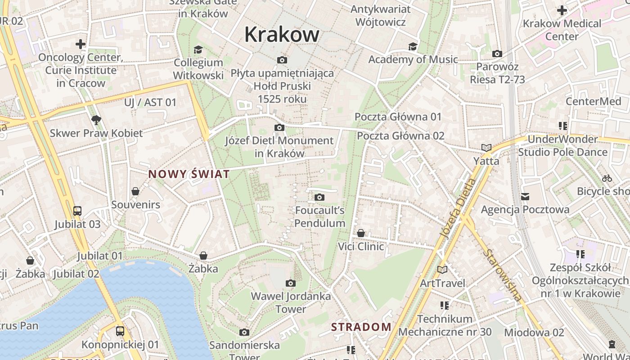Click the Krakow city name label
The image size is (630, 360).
coord(282,35)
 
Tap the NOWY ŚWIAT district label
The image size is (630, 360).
coord(189,174)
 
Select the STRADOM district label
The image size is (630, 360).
coord(361,327)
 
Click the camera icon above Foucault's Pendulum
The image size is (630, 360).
coord(319,197)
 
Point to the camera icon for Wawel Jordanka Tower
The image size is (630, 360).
coord(291,283)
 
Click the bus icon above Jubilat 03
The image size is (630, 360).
coord(77,211)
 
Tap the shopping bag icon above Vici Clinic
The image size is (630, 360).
coord(361,233)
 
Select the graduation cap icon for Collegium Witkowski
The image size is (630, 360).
coord(198,49)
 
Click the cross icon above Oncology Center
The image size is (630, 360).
coord(81,44)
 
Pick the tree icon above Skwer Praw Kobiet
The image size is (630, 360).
coord(96,120)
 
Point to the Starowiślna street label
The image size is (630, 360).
coord(503,274)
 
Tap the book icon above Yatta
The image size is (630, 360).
coord(486,148)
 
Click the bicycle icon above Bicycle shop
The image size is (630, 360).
coord(607,178)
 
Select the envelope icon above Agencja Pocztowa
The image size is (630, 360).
coord(525,197)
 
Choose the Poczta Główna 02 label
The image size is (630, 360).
coord(400,135)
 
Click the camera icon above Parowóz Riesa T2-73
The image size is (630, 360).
coord(497,54)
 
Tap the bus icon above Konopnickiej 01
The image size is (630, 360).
coord(120,331)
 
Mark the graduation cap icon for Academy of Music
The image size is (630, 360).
coord(413,46)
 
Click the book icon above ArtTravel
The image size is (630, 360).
coord(442,270)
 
